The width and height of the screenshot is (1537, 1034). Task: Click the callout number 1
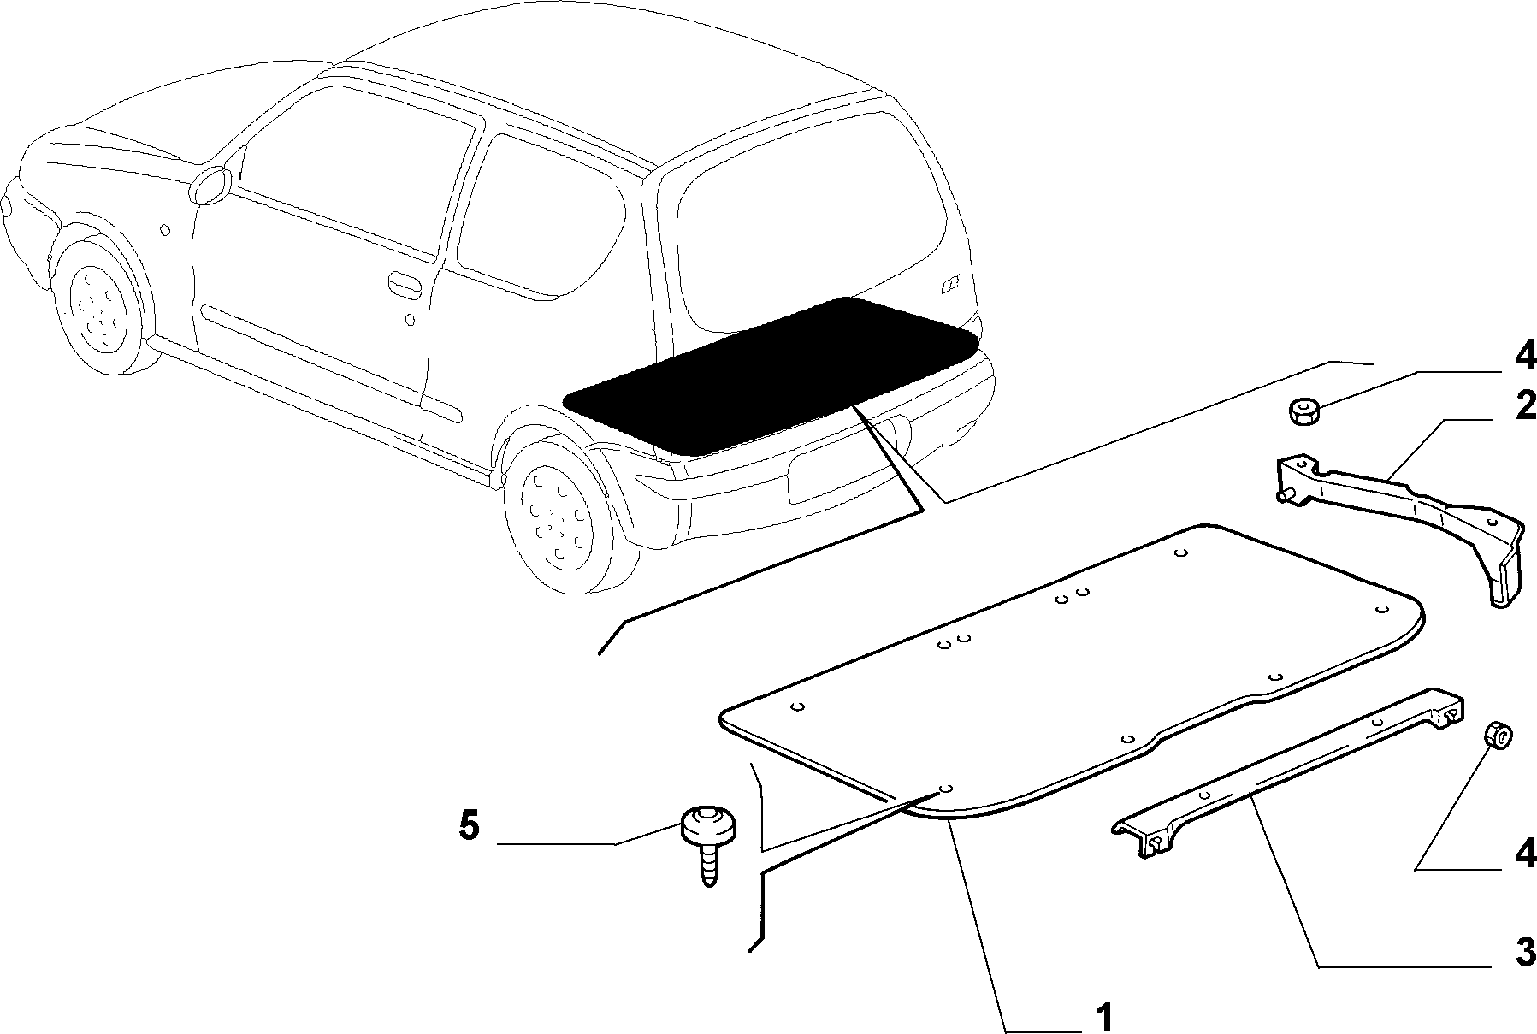tap(1103, 1017)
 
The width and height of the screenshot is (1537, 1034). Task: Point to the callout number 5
tap(470, 826)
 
